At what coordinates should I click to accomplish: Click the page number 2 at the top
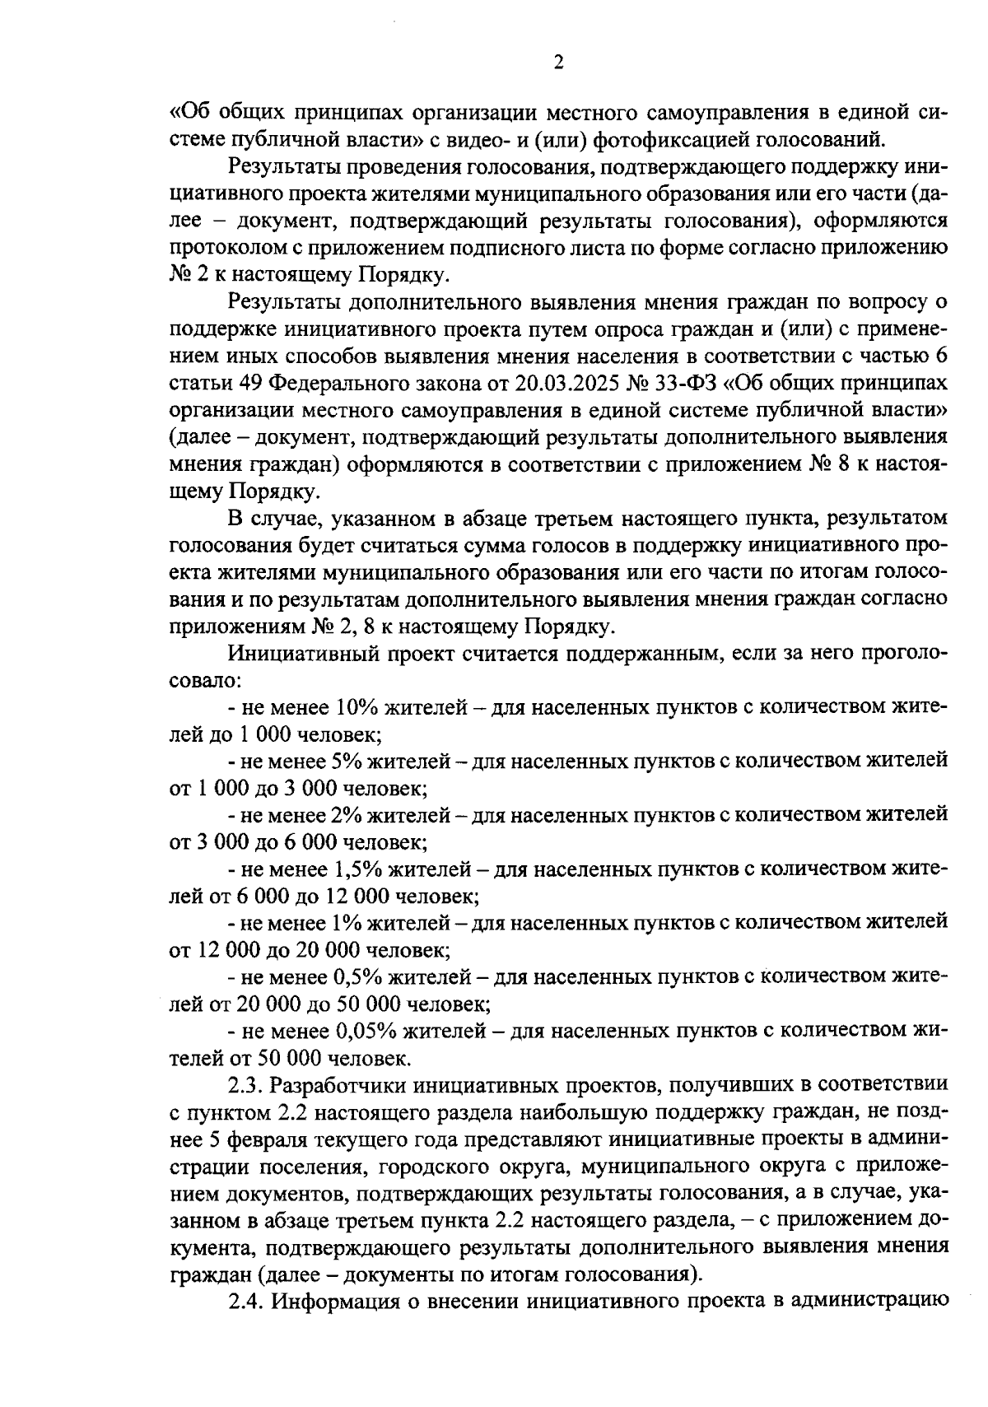558,63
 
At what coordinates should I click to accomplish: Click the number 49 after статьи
252,384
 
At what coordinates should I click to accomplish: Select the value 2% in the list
347,815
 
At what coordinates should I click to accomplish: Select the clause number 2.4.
245,1301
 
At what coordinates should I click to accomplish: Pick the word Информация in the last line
333,1301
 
